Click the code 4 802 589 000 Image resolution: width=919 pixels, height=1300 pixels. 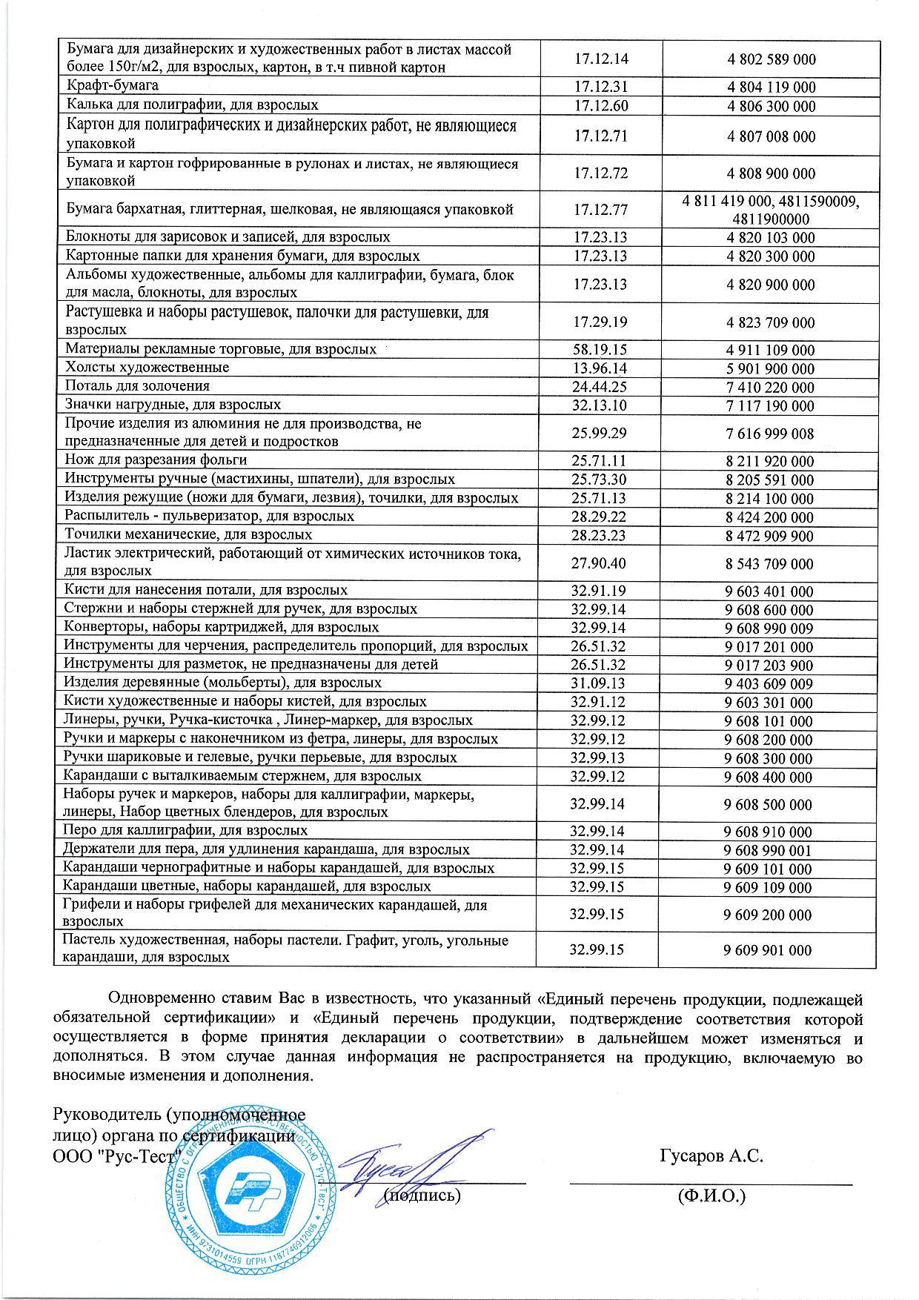coord(771,59)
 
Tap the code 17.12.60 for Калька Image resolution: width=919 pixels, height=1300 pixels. coord(600,106)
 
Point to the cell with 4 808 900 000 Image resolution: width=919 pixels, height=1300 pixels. coord(771,173)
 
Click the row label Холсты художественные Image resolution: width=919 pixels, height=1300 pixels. coord(147,368)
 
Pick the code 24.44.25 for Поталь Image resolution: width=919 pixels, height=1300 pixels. coord(600,387)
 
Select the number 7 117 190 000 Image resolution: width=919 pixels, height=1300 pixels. coord(770,406)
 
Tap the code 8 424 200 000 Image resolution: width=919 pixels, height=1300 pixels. coord(770,517)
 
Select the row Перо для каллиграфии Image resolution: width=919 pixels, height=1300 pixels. coord(185,831)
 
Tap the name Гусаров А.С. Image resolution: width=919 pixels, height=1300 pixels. coord(711,1155)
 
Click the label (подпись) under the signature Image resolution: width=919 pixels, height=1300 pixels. coord(422,1195)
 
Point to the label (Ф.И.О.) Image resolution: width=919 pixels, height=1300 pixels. coord(711,1195)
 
